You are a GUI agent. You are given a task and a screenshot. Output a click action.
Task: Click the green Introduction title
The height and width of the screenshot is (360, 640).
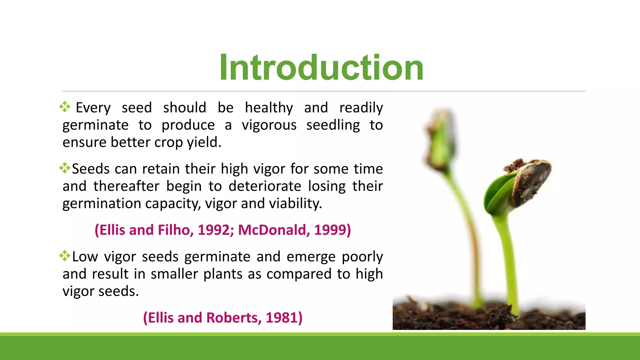coord(321,67)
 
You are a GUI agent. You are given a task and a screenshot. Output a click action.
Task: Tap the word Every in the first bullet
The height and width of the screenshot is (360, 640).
coord(93,108)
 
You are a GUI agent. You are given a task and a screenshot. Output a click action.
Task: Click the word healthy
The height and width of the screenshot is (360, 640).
coord(269,108)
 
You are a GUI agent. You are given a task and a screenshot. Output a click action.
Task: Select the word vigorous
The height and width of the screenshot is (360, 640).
coord(269,125)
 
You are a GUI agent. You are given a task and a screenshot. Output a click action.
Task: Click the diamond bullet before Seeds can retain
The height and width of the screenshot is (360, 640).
coord(65,168)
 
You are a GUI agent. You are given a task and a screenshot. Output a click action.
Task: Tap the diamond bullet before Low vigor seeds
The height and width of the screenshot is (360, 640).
coord(65,256)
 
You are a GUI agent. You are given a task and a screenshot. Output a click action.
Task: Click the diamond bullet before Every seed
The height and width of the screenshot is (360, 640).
coord(65,107)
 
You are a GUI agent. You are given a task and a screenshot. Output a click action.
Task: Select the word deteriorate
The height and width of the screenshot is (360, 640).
coord(265,186)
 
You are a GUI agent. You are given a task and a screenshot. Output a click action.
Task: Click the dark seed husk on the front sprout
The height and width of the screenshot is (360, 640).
coord(531,181)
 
